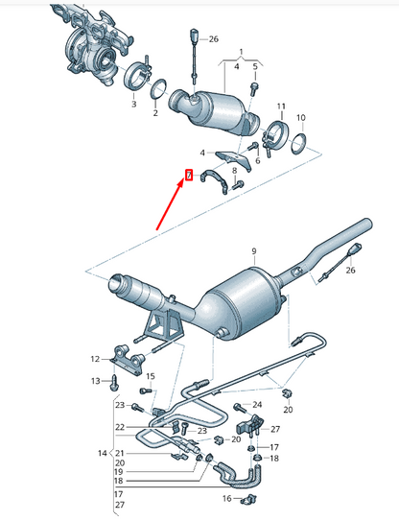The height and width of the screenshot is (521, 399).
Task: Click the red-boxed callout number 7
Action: [x=190, y=175]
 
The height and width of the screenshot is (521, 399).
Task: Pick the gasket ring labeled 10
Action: [x=299, y=144]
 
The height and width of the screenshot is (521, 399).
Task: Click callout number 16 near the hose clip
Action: [x=228, y=499]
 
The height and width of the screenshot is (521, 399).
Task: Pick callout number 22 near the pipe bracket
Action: [x=120, y=427]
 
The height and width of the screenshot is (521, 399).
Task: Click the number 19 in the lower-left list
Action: [x=120, y=472]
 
